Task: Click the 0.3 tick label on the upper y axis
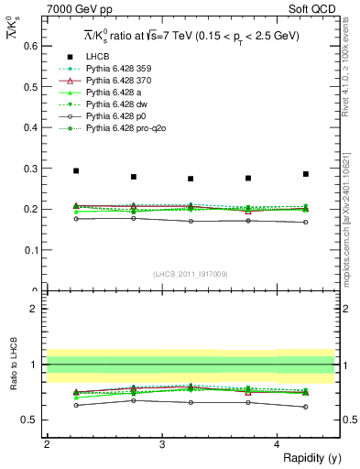click(30, 168)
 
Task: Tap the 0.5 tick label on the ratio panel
click(30, 420)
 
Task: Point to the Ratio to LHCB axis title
click(11, 365)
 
